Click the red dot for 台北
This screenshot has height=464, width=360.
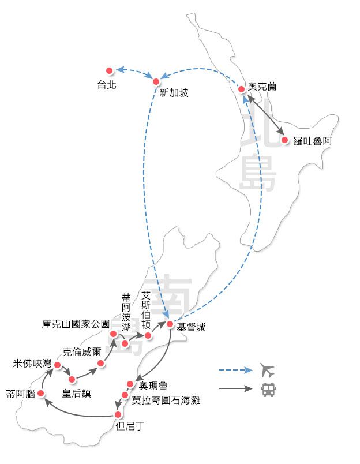pyautogui.click(x=108, y=70)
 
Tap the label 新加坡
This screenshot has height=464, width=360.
pyautogui.click(x=174, y=93)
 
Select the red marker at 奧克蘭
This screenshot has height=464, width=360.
pyautogui.click(x=241, y=89)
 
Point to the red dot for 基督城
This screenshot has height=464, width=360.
pyautogui.click(x=170, y=324)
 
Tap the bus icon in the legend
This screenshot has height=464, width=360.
pyautogui.click(x=268, y=390)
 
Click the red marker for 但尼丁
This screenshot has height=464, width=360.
pyautogui.click(x=118, y=414)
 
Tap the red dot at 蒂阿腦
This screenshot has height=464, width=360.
pyautogui.click(x=40, y=394)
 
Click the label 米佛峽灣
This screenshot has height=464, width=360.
pyautogui.click(x=32, y=364)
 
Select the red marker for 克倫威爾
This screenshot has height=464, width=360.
pyautogui.click(x=101, y=363)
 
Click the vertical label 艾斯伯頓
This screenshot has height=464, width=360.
pyautogui.click(x=147, y=309)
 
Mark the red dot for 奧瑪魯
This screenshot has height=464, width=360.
pyautogui.click(x=130, y=384)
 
